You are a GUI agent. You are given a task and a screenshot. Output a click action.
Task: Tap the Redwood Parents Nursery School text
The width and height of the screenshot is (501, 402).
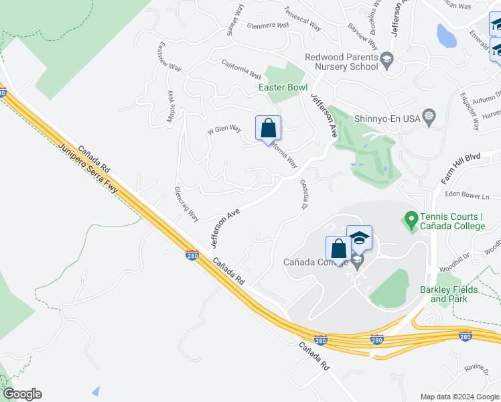pyautogui.click(x=342, y=62)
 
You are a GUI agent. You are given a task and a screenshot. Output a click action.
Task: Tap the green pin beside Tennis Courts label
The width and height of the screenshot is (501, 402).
pyautogui.click(x=410, y=218)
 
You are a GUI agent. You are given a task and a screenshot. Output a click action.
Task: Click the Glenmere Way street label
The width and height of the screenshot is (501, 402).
pyautogui.click(x=267, y=25)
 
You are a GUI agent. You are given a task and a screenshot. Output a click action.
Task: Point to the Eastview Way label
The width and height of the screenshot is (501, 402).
pyautogui.click(x=169, y=58)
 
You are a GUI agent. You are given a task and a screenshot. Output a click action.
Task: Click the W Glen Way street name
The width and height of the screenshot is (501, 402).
pyautogui.click(x=224, y=129)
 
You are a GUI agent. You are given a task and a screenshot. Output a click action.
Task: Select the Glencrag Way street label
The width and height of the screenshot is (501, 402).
pyautogui.click(x=186, y=204)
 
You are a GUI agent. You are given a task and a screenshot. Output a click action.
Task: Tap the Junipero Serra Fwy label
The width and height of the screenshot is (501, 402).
pyautogui.click(x=88, y=171)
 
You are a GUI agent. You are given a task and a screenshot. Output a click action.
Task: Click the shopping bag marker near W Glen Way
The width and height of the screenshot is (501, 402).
pyautogui.click(x=268, y=127)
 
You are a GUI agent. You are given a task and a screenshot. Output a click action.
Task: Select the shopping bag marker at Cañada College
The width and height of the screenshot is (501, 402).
pyautogui.click(x=339, y=249)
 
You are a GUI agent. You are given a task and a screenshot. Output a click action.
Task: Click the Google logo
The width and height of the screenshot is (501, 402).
pyautogui.click(x=22, y=394)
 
